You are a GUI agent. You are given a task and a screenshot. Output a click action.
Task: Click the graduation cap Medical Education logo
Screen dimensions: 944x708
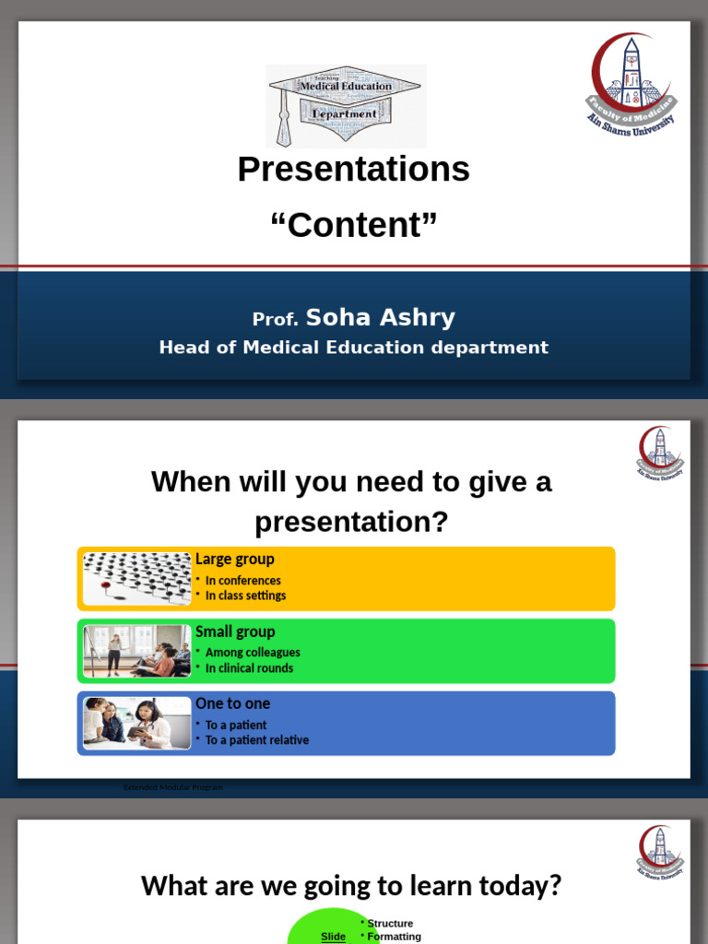click(x=346, y=106)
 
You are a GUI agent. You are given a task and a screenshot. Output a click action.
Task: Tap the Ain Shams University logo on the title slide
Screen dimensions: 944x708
click(x=631, y=85)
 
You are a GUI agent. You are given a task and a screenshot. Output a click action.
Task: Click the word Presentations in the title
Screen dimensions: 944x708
click(x=353, y=170)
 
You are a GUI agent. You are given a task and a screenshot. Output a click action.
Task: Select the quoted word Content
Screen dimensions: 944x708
click(x=353, y=225)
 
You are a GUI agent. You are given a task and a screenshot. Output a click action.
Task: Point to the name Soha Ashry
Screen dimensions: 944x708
click(x=380, y=318)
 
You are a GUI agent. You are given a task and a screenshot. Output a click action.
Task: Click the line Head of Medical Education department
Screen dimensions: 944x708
click(x=353, y=348)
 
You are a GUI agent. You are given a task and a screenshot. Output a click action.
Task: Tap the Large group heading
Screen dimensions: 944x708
click(x=234, y=559)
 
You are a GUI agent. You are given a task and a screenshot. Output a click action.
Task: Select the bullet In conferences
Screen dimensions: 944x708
click(x=242, y=581)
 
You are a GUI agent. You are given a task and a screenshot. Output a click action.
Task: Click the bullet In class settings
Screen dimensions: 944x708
click(x=245, y=596)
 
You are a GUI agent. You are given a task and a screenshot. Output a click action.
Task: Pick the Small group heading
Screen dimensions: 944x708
click(x=235, y=631)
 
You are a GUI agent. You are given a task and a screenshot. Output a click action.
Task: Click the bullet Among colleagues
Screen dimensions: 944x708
click(x=253, y=653)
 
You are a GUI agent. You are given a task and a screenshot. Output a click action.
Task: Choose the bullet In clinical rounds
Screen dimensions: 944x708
click(x=249, y=668)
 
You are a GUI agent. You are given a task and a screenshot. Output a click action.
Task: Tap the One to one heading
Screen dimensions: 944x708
click(x=232, y=703)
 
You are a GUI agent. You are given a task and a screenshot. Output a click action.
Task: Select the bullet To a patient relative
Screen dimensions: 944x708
click(x=256, y=740)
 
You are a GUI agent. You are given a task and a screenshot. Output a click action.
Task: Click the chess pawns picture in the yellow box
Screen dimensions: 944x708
click(x=136, y=578)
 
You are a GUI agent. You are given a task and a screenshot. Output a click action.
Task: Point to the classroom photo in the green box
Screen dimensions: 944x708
click(x=136, y=651)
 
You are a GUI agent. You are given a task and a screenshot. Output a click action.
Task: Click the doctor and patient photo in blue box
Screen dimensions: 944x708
click(x=136, y=723)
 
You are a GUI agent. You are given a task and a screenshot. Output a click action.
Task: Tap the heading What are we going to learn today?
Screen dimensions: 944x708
click(x=351, y=887)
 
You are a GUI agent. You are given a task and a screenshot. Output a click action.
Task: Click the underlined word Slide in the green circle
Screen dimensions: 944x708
click(x=333, y=937)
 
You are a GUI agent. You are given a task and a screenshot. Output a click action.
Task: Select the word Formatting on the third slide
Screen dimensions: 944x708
click(x=394, y=937)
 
